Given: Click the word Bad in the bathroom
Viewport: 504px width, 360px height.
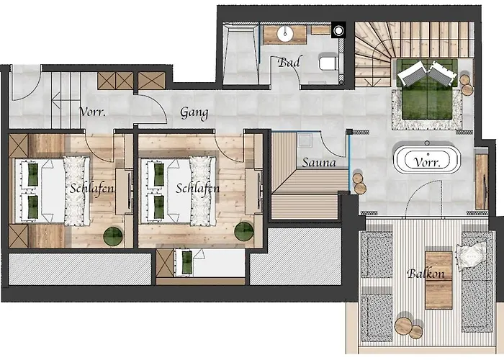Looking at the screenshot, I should pos(289,62).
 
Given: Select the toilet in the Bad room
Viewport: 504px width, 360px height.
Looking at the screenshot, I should pos(328,64).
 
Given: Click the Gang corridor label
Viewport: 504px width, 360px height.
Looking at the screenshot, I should pos(194,113).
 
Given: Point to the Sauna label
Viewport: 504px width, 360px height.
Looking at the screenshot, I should pos(318,163).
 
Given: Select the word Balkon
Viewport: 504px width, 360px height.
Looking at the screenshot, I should pos(426,274).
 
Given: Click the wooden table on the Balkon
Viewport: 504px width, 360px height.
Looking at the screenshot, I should pos(438,279).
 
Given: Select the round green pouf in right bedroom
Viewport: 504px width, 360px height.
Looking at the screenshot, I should pos(244,231).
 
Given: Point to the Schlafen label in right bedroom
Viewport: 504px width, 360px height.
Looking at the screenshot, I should pos(197,188).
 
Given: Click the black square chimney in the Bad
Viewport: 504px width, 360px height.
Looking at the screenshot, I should pos(337,31).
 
